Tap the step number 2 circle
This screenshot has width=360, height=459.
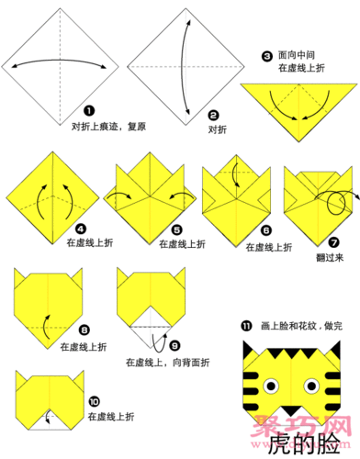coord(213,116)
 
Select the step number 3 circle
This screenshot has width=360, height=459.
coord(266,57)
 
